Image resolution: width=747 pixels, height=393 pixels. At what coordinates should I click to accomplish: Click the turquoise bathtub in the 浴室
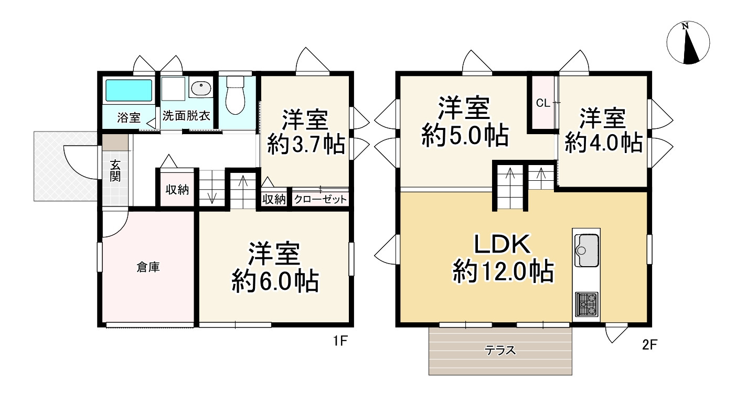coord(129,90)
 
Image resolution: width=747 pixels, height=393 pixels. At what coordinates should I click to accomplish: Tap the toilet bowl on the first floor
coord(236,95)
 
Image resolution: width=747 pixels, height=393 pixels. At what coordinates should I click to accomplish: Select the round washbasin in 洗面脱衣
coord(201,88)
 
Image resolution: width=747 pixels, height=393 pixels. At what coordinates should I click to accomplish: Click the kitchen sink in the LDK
coord(586,250)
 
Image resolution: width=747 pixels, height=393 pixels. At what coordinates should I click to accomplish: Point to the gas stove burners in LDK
coord(586,304)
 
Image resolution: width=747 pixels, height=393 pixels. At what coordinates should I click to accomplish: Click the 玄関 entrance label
coord(115,170)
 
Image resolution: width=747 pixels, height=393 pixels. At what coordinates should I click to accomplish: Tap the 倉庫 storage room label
coord(148,267)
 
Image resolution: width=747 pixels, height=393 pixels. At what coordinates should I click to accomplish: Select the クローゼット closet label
coord(321,200)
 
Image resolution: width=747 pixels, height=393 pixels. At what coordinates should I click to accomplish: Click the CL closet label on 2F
coord(543,103)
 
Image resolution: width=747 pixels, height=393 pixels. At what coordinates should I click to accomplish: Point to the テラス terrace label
coord(500,351)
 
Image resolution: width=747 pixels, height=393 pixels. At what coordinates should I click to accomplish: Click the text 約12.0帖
coord(503,272)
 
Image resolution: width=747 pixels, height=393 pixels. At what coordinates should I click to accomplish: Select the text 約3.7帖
coord(306,144)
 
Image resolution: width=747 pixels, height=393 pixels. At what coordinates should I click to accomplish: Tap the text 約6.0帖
coord(275,282)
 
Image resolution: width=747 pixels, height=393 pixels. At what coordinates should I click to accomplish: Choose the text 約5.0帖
coord(465,136)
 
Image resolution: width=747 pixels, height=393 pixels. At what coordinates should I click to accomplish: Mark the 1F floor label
coord(340,341)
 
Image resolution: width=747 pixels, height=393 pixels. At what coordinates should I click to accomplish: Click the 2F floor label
coord(649,345)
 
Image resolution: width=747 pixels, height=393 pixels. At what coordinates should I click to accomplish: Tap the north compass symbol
coord(688,42)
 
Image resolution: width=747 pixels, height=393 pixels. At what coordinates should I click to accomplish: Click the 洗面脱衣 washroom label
coord(186,116)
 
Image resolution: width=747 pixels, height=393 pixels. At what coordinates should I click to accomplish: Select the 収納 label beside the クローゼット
coord(274,200)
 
